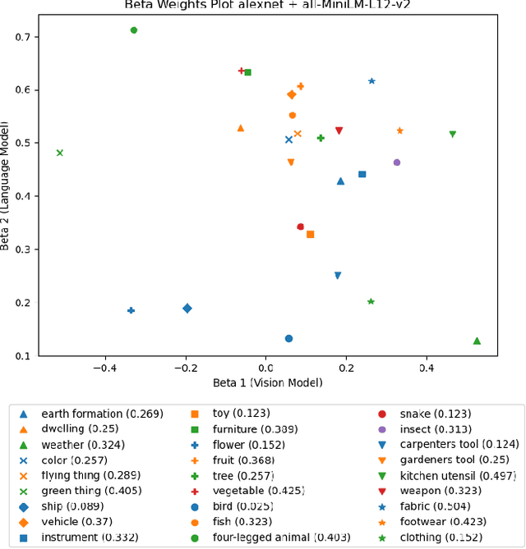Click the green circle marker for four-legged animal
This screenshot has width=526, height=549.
point(134,30)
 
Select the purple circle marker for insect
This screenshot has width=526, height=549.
point(397,162)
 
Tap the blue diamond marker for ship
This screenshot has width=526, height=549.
point(187,309)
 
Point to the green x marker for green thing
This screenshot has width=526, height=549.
point(59,153)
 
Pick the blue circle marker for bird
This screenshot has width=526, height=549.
point(288,338)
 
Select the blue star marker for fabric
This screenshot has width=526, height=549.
point(371,81)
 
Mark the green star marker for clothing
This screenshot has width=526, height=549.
point(371,302)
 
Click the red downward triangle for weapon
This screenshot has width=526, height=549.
point(339,130)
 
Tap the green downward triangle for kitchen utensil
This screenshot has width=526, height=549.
point(452,134)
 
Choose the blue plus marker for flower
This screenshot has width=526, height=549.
point(131,310)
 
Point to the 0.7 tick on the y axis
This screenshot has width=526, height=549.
point(30,37)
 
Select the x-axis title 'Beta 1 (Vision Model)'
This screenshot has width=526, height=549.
point(267,383)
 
